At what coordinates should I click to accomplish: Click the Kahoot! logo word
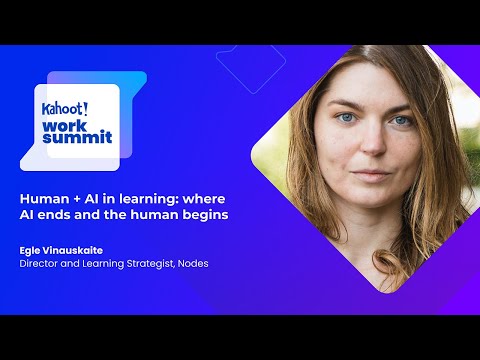point(63,108)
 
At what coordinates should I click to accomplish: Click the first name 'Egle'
point(31,250)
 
